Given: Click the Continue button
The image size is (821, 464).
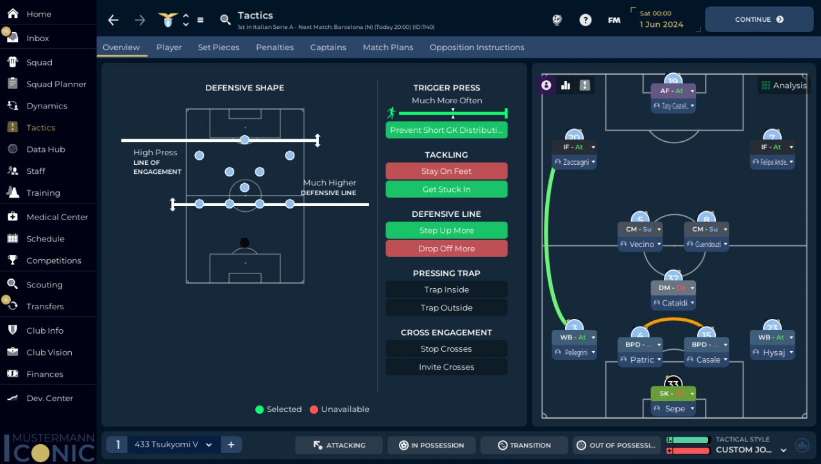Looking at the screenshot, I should click(x=759, y=19).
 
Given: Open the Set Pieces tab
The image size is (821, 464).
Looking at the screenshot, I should click(x=219, y=47).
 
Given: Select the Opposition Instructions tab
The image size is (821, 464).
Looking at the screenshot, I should click(x=477, y=47).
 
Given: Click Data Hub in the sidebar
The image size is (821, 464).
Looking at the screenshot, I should click(x=46, y=150).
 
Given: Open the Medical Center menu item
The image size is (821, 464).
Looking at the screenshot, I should click(x=57, y=217).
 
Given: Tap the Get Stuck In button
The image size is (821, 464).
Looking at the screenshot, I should click(x=446, y=189).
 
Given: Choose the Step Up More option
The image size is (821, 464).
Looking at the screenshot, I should click(x=446, y=230).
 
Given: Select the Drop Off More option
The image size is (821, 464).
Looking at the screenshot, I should click(x=446, y=248).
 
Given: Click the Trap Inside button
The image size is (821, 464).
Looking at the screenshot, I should click(x=446, y=289).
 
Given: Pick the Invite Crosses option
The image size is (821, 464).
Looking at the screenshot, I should click(x=446, y=367).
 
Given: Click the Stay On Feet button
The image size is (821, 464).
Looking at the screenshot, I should click(x=446, y=171).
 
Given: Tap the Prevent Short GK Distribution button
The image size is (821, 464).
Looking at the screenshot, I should click(x=446, y=130).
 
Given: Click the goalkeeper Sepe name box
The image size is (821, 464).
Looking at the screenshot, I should click(x=673, y=409).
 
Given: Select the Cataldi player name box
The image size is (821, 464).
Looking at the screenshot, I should click(x=673, y=303).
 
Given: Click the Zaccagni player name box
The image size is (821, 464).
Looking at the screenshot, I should click(x=574, y=162).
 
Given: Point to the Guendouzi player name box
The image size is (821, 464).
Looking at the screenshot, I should click(x=706, y=245).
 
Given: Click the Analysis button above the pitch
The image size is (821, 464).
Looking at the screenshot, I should click(x=783, y=85).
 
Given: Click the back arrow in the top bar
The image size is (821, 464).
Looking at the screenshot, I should click(x=114, y=20).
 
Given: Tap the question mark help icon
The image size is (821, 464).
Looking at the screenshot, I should click(x=585, y=20).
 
